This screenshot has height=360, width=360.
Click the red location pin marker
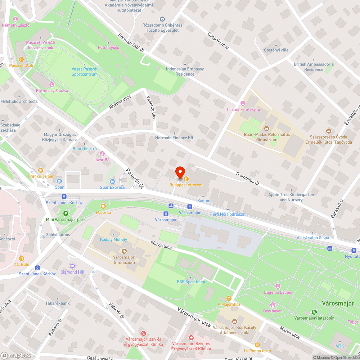[x=180, y=172]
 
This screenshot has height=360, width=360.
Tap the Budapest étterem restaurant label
[x=186, y=185]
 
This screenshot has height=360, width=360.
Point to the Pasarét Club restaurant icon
[x=21, y=59]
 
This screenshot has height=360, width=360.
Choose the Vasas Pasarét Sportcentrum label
[x=85, y=72]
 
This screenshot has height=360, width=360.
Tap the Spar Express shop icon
[x=112, y=181]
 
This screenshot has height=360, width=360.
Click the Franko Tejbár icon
[x=41, y=170]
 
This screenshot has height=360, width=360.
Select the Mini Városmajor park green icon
[x=66, y=213]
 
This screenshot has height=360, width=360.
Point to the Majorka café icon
[x=103, y=206]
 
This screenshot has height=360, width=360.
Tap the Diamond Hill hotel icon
[x=72, y=266]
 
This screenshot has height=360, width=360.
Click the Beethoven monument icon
[x=273, y=305]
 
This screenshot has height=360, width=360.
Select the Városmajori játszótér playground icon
[x=314, y=312]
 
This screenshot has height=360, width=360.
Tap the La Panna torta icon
[x=257, y=345]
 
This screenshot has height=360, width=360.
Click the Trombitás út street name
[x=247, y=178]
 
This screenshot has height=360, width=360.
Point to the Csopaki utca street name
[x=218, y=41]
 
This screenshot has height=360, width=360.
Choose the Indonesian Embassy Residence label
[x=185, y=71]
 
